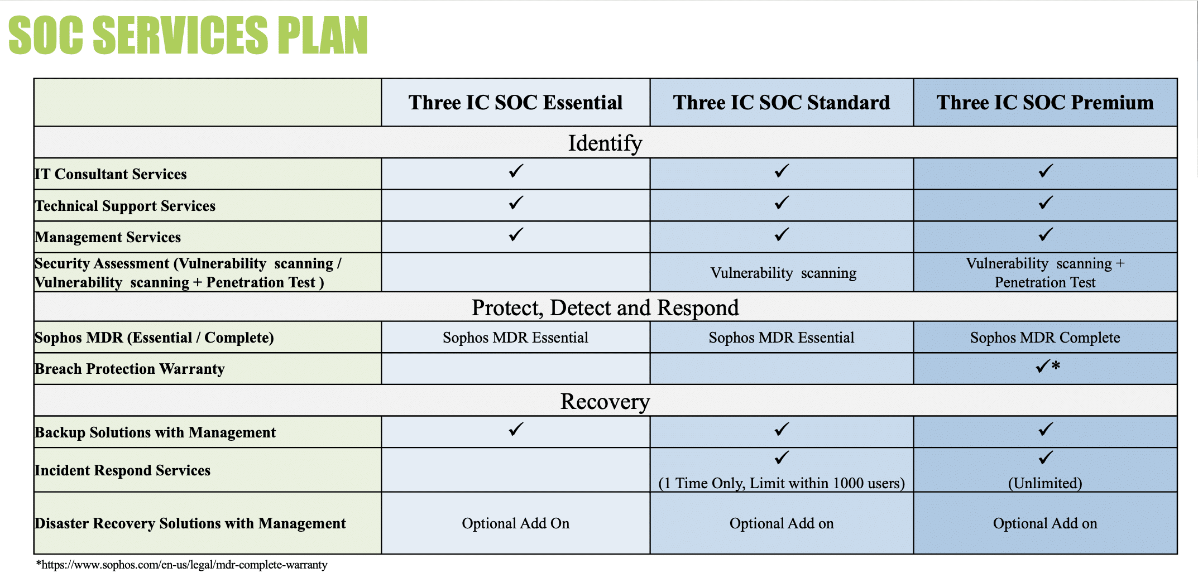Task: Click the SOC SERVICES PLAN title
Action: pyautogui.click(x=188, y=35)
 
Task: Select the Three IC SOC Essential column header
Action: pyautogui.click(x=515, y=103)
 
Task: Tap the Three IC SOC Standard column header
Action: pyautogui.click(x=781, y=103)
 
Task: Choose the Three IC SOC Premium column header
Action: pyautogui.click(x=1045, y=103)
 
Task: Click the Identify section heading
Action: pyautogui.click(x=605, y=143)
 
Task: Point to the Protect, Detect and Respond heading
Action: pyautogui.click(x=605, y=307)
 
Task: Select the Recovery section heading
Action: pyautogui.click(x=605, y=401)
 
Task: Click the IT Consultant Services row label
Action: pyautogui.click(x=111, y=174)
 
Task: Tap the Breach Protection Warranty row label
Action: pyautogui.click(x=130, y=369)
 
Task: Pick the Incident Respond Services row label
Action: pyautogui.click(x=122, y=470)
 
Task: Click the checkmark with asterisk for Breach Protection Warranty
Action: pyautogui.click(x=1047, y=367)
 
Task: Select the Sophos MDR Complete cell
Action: pyautogui.click(x=1045, y=338)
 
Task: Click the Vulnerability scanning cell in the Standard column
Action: pyautogui.click(x=783, y=273)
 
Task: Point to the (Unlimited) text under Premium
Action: pyautogui.click(x=1045, y=483)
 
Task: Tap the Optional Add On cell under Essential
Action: pyautogui.click(x=515, y=523)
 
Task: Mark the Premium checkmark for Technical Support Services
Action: pyautogui.click(x=1046, y=203)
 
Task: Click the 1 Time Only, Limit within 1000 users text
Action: pyautogui.click(x=782, y=483)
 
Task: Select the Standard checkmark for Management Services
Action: pyautogui.click(x=782, y=234)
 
